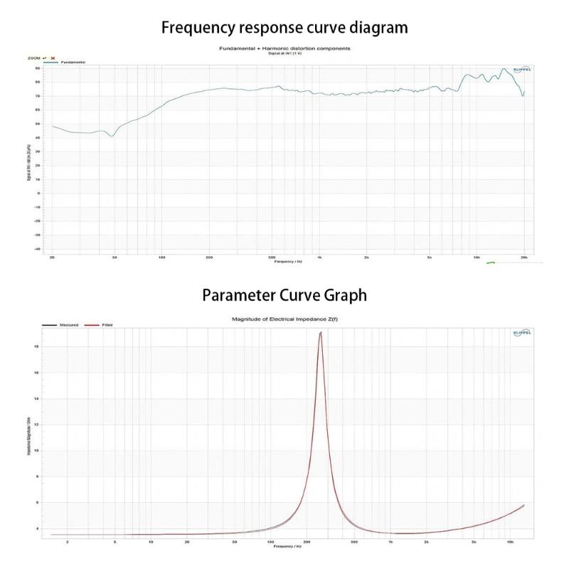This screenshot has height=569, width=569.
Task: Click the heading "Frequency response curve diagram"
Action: coord(284,28)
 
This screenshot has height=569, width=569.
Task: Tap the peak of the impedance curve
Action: coord(321,332)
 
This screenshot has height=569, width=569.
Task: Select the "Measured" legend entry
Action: coord(69,325)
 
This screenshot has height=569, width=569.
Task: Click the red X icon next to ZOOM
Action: coord(53,58)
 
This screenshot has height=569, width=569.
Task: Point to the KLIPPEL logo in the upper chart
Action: coord(521,69)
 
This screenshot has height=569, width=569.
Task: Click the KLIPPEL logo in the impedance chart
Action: coord(521,333)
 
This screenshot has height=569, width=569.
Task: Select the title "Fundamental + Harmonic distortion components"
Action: coord(284,48)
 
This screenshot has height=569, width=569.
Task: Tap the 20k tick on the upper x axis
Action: coord(523,257)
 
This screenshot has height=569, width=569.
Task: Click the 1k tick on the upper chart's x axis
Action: coord(319,257)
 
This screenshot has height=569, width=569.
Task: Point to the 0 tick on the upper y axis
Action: coord(38,193)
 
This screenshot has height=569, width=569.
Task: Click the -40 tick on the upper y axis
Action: coord(37,249)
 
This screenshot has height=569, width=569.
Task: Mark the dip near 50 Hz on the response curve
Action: coord(112,136)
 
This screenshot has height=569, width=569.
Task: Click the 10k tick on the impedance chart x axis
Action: coord(510,542)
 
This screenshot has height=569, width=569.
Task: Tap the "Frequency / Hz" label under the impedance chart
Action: coord(288,547)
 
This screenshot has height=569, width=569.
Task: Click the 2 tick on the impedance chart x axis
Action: coord(68,542)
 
